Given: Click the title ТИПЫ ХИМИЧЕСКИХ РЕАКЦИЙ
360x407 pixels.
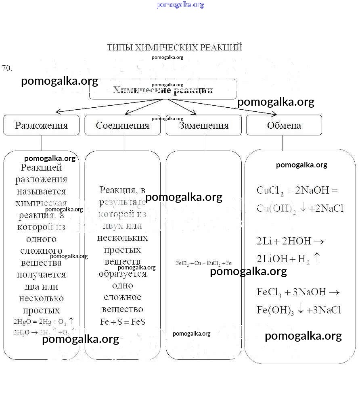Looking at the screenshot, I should [174, 48].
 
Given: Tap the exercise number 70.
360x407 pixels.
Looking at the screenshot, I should [7, 68].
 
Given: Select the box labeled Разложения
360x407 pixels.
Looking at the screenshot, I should [41, 125].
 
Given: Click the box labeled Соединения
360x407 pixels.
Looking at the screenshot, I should [122, 125].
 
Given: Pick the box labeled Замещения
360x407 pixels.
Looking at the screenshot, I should [203, 125].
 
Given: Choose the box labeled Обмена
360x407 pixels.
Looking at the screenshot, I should [284, 125].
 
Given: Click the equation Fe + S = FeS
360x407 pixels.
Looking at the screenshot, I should [122, 322].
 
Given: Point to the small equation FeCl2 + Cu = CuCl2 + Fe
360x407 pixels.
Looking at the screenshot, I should [204, 263].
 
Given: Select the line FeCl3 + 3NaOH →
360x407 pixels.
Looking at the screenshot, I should [298, 292].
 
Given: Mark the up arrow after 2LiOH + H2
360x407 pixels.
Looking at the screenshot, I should [317, 258].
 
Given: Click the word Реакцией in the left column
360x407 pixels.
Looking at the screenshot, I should [41, 167].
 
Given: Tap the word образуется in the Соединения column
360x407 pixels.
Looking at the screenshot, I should [123, 273].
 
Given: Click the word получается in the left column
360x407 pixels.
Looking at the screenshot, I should [41, 275].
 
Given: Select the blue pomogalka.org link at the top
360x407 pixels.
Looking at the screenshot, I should [180, 5].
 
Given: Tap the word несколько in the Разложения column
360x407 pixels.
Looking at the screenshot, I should [41, 298].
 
